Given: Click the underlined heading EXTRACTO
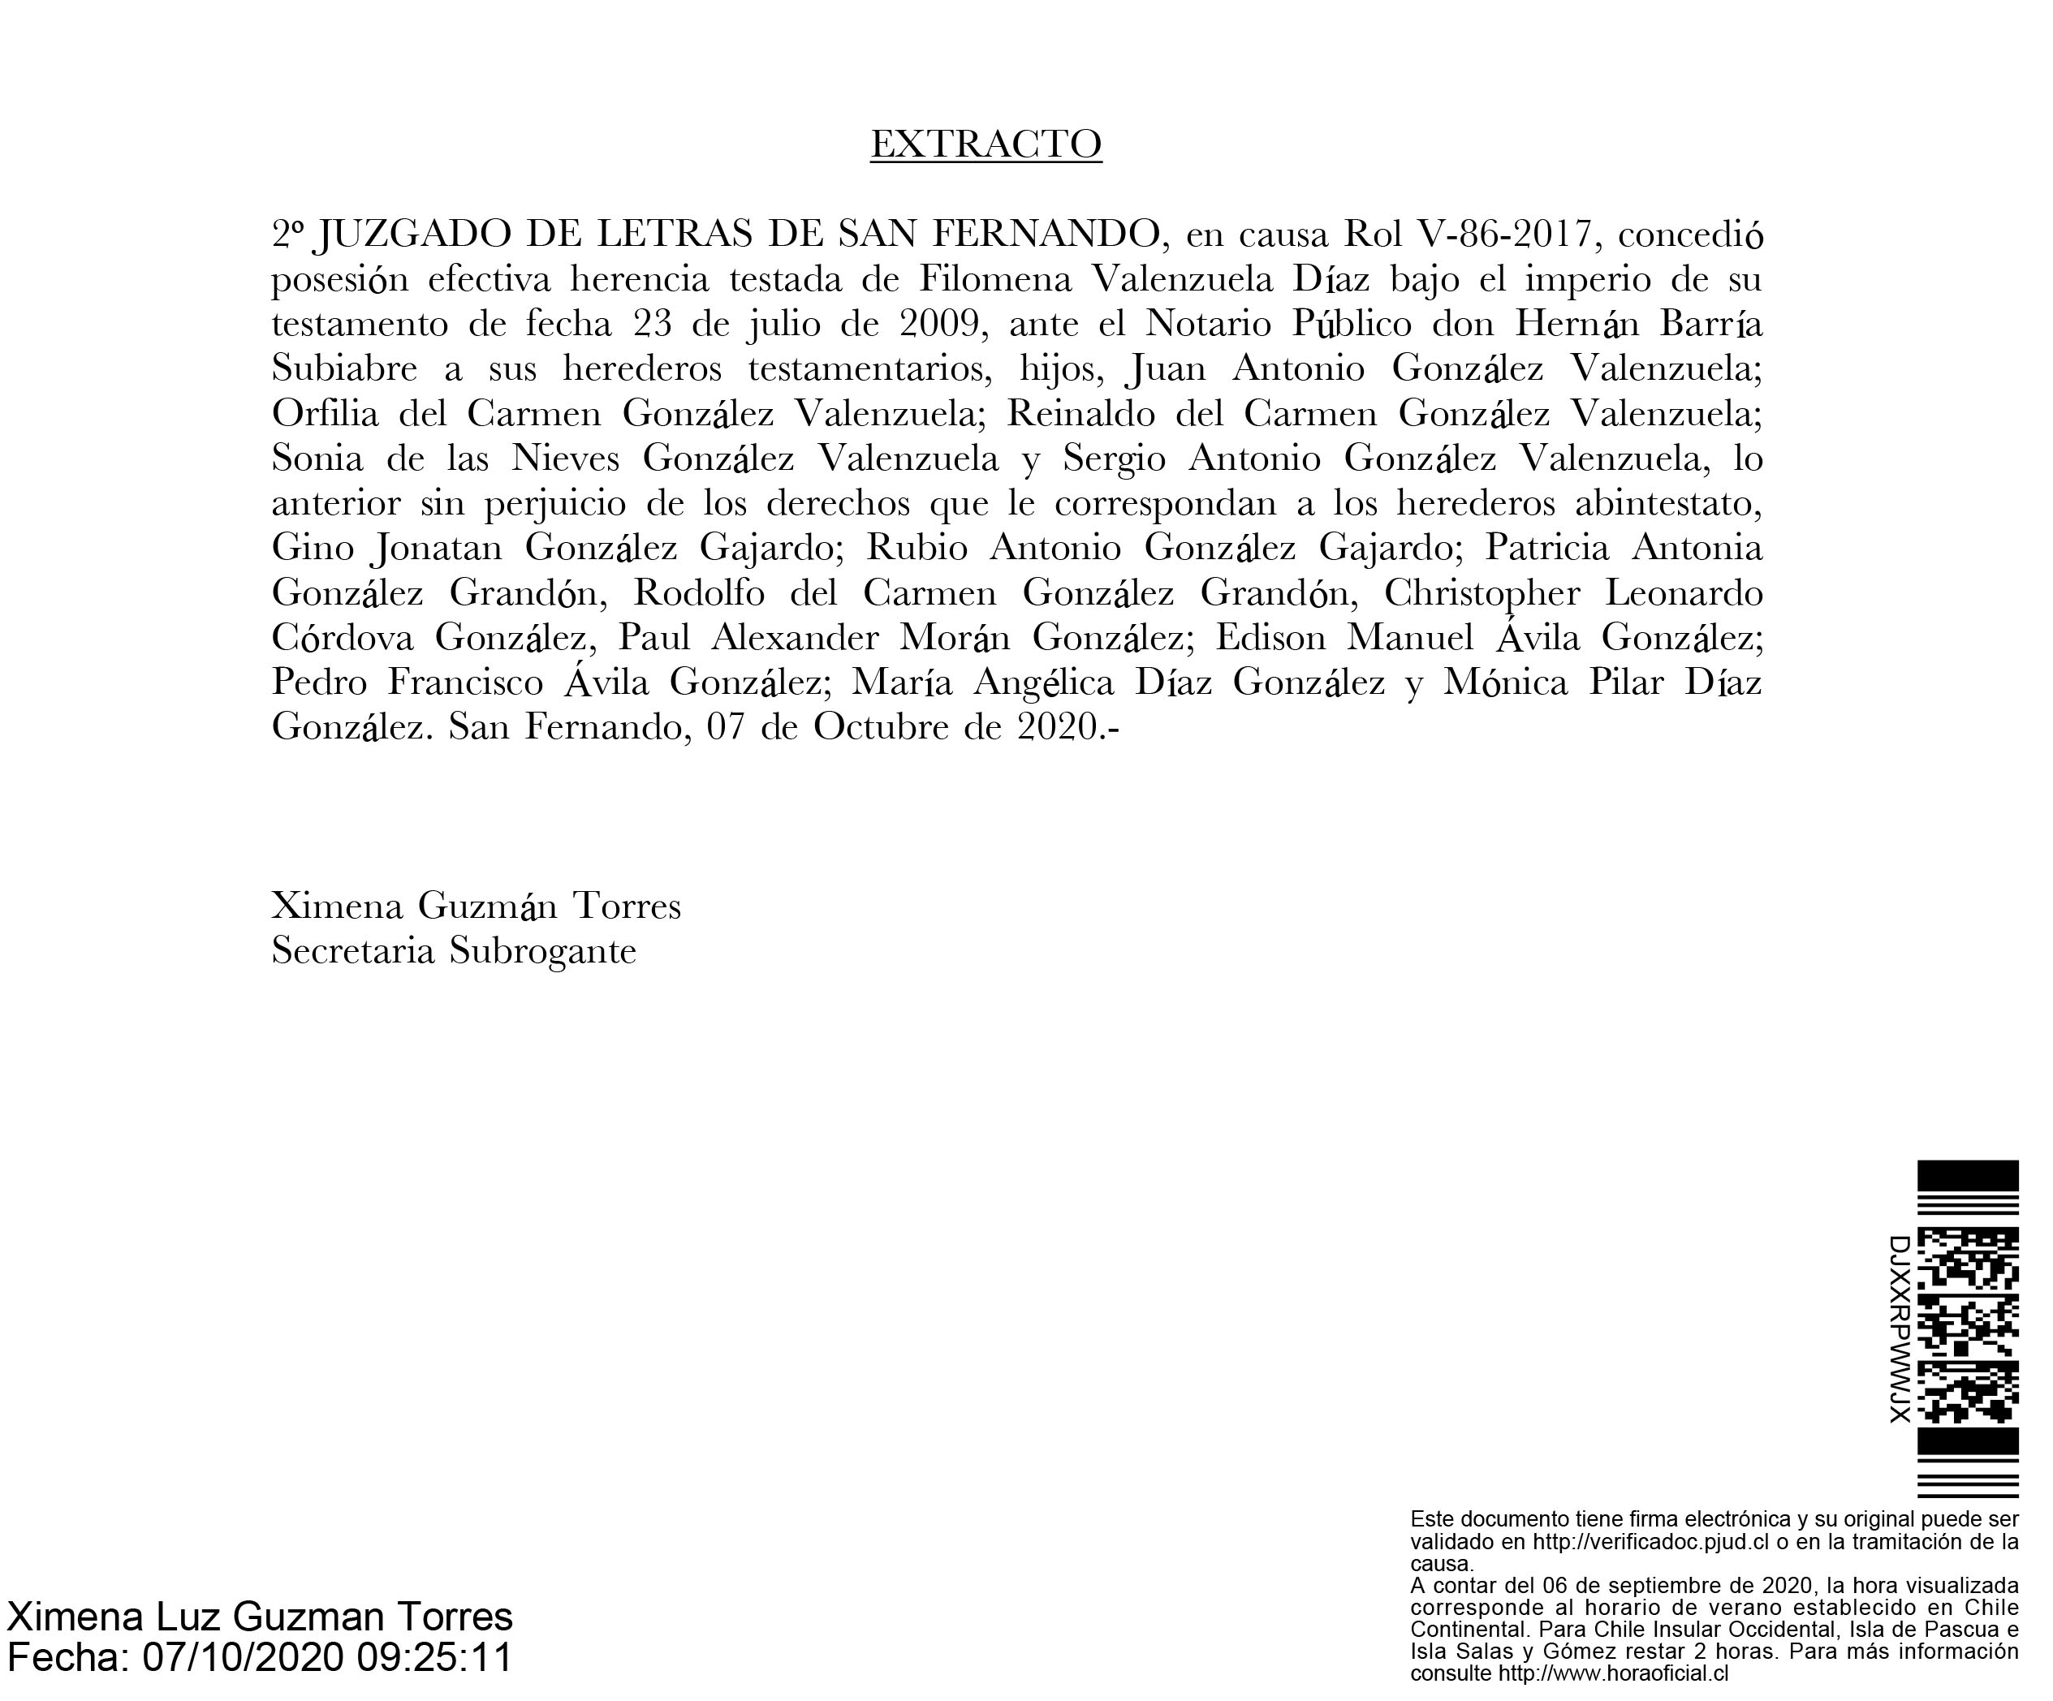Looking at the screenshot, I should pyautogui.click(x=986, y=144).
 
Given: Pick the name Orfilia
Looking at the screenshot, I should pyautogui.click(x=325, y=414).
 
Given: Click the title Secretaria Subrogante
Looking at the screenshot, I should pyautogui.click(x=454, y=951).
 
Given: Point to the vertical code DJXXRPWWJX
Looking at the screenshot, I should pyautogui.click(x=1899, y=1329).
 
